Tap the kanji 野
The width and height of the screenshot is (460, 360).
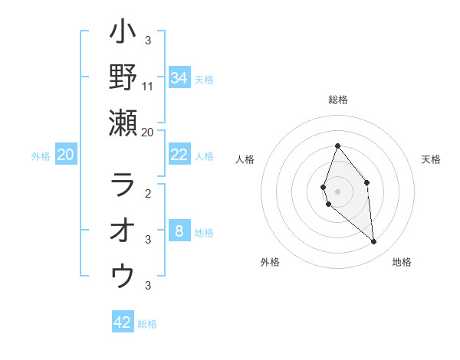coord(123,77)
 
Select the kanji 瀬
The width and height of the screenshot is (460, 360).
coord(123,123)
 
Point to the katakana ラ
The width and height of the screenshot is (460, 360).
coord(123,185)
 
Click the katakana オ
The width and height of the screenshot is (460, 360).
coord(123,231)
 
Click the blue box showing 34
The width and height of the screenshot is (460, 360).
coord(179,78)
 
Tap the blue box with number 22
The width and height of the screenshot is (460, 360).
coord(179,155)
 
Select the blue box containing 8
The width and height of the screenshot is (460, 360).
coord(179,231)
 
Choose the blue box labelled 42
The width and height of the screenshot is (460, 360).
coord(123,322)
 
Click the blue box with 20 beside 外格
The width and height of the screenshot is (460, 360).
coord(65,155)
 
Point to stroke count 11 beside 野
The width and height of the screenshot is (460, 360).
coord(148,86)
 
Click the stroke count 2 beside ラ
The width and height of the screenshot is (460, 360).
coord(148,194)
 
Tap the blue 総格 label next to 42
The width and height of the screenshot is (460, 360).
coord(147,324)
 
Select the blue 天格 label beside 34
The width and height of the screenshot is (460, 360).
coord(204,80)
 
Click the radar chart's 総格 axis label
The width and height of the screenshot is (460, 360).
coord(337,100)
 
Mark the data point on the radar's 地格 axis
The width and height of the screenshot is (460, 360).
coord(374,242)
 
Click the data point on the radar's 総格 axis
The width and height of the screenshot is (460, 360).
coord(337,146)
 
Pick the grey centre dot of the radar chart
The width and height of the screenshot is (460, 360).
coord(337,191)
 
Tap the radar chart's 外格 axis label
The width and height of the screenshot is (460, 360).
coord(270,262)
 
